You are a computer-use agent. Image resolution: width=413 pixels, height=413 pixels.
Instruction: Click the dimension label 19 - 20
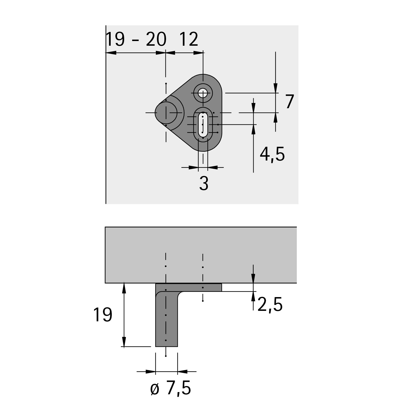pos(136,39)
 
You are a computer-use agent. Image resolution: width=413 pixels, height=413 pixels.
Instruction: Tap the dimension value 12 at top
pos(189,39)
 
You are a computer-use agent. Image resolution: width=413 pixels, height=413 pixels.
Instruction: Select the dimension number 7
pos(290,102)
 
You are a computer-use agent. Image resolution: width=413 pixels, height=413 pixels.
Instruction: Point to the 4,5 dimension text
pos(272,154)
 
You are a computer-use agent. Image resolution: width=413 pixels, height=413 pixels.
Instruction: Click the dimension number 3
pos(204,183)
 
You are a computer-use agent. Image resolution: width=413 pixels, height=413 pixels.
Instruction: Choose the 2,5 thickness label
pos(270,305)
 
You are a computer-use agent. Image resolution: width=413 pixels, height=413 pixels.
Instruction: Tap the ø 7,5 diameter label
pos(171,388)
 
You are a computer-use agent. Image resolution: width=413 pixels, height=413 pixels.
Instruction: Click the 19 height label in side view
pos(103,315)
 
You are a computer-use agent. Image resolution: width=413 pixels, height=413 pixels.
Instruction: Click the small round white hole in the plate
pos(203,93)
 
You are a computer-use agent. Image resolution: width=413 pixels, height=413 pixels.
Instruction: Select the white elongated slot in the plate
pos(203,125)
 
